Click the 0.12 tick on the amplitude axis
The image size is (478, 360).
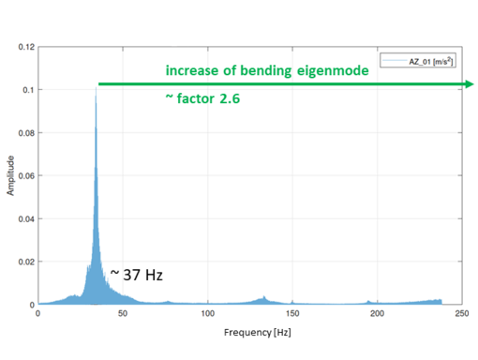(x=26, y=47)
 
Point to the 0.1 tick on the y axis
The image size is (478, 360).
(x=28, y=90)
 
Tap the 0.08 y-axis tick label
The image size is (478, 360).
(x=26, y=133)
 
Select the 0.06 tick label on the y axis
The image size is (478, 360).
(x=26, y=176)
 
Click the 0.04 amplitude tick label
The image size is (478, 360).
(x=26, y=219)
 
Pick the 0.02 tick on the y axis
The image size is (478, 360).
(x=26, y=262)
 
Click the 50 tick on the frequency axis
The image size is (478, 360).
(x=123, y=313)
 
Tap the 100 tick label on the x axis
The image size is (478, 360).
(x=208, y=313)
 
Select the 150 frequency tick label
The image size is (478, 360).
(x=292, y=313)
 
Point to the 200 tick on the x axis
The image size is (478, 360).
(x=377, y=313)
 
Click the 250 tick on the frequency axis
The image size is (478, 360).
(x=462, y=313)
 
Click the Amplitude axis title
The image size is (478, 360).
(x=10, y=175)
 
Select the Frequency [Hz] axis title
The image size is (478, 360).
(x=258, y=333)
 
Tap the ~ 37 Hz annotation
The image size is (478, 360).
(x=137, y=275)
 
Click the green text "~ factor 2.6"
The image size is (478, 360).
(x=202, y=98)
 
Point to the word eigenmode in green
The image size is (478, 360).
(x=333, y=71)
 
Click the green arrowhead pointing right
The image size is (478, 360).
(x=470, y=84)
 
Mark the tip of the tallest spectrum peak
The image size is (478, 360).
(x=96, y=87)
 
